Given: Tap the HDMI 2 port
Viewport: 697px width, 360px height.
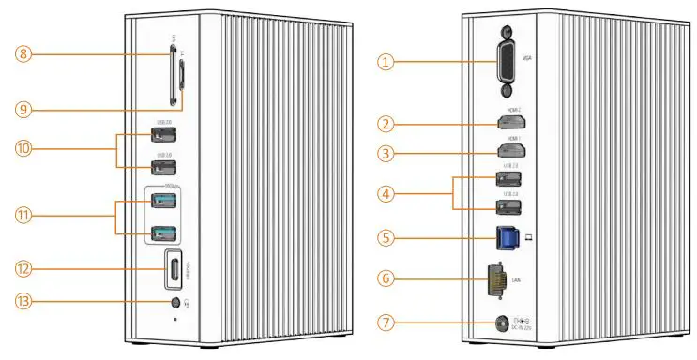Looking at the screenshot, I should [x=511, y=123].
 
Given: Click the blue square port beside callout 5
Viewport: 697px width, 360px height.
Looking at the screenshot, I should [x=507, y=237].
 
